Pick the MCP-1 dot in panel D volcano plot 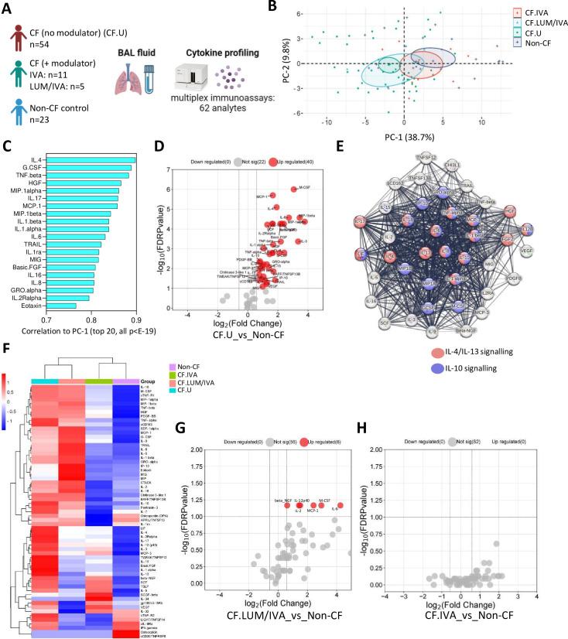tap(273, 196)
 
